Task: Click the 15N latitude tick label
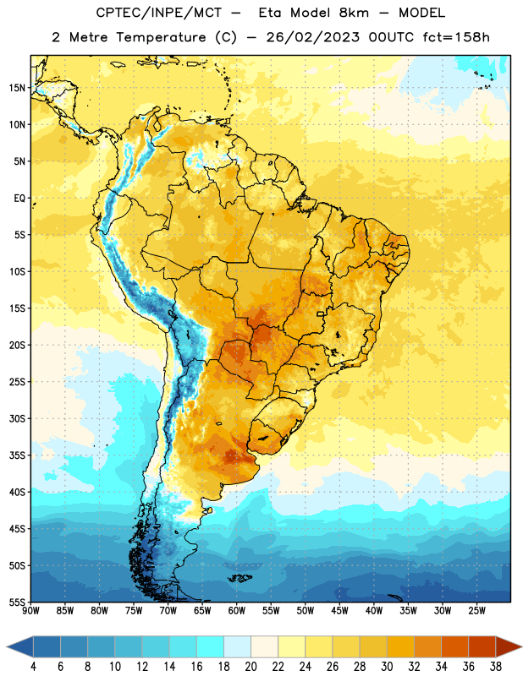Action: pyautogui.click(x=17, y=88)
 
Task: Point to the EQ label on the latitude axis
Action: pyautogui.click(x=19, y=199)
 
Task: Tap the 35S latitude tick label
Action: pyautogui.click(x=17, y=455)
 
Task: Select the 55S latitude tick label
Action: pyautogui.click(x=17, y=602)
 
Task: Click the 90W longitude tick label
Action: pyautogui.click(x=30, y=611)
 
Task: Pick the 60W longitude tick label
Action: pyautogui.click(x=237, y=611)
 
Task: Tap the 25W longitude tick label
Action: pyautogui.click(x=476, y=611)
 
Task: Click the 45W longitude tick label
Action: pyautogui.click(x=339, y=611)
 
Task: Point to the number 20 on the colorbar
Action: pyautogui.click(x=250, y=667)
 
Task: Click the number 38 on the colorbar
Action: pyautogui.click(x=496, y=667)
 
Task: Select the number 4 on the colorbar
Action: pyautogui.click(x=33, y=667)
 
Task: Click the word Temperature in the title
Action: pyautogui.click(x=161, y=37)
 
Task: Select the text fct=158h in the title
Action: pyautogui.click(x=456, y=37)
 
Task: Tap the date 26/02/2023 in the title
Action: pyautogui.click(x=312, y=37)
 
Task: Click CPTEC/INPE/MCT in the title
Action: pyautogui.click(x=159, y=13)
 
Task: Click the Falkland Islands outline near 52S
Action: pyautogui.click(x=240, y=578)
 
